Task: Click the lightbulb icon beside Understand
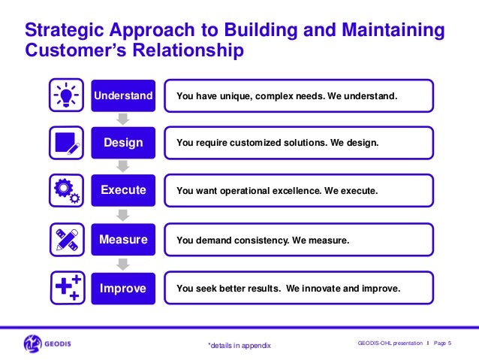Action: pos(65,96)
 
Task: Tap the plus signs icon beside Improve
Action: pos(65,288)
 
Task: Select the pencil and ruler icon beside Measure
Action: pos(65,240)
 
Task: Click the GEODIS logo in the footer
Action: pos(53,343)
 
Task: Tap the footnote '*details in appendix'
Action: pos(239,345)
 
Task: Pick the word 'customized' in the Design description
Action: pos(261,143)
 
